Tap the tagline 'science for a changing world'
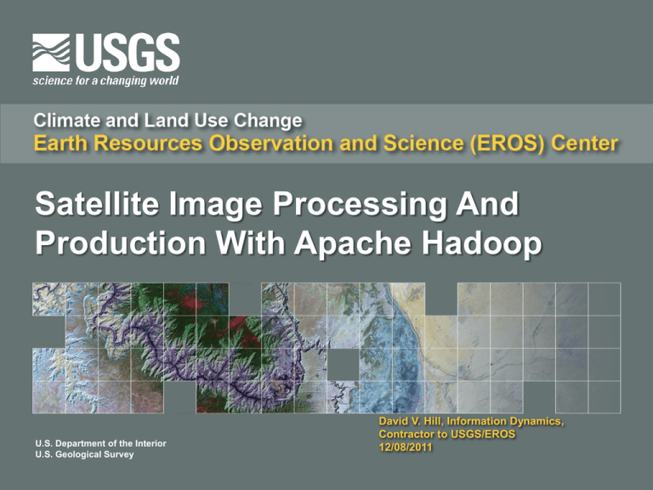click(x=105, y=81)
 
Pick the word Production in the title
click(x=112, y=245)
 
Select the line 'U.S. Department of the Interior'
click(x=106, y=442)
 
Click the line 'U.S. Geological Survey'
click(x=85, y=455)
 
